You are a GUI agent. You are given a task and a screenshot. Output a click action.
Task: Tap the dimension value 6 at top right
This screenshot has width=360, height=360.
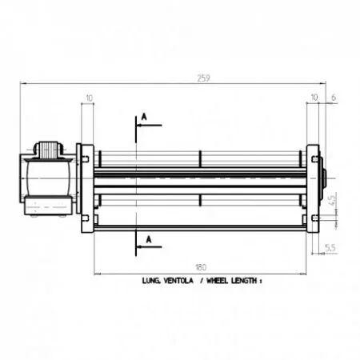(332, 98)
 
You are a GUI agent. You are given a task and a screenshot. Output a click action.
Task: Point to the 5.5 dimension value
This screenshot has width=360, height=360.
(330, 248)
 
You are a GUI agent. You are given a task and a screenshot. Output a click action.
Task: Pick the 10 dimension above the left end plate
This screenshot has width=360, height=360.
(88, 98)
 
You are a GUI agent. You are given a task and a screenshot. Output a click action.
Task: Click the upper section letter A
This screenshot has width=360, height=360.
(145, 117)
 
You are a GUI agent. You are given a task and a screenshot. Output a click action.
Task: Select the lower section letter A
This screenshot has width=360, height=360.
(145, 238)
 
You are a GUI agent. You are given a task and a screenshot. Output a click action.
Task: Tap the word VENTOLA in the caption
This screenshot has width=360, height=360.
(176, 282)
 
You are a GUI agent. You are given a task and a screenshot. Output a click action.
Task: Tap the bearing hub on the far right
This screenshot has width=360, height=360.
(325, 186)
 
